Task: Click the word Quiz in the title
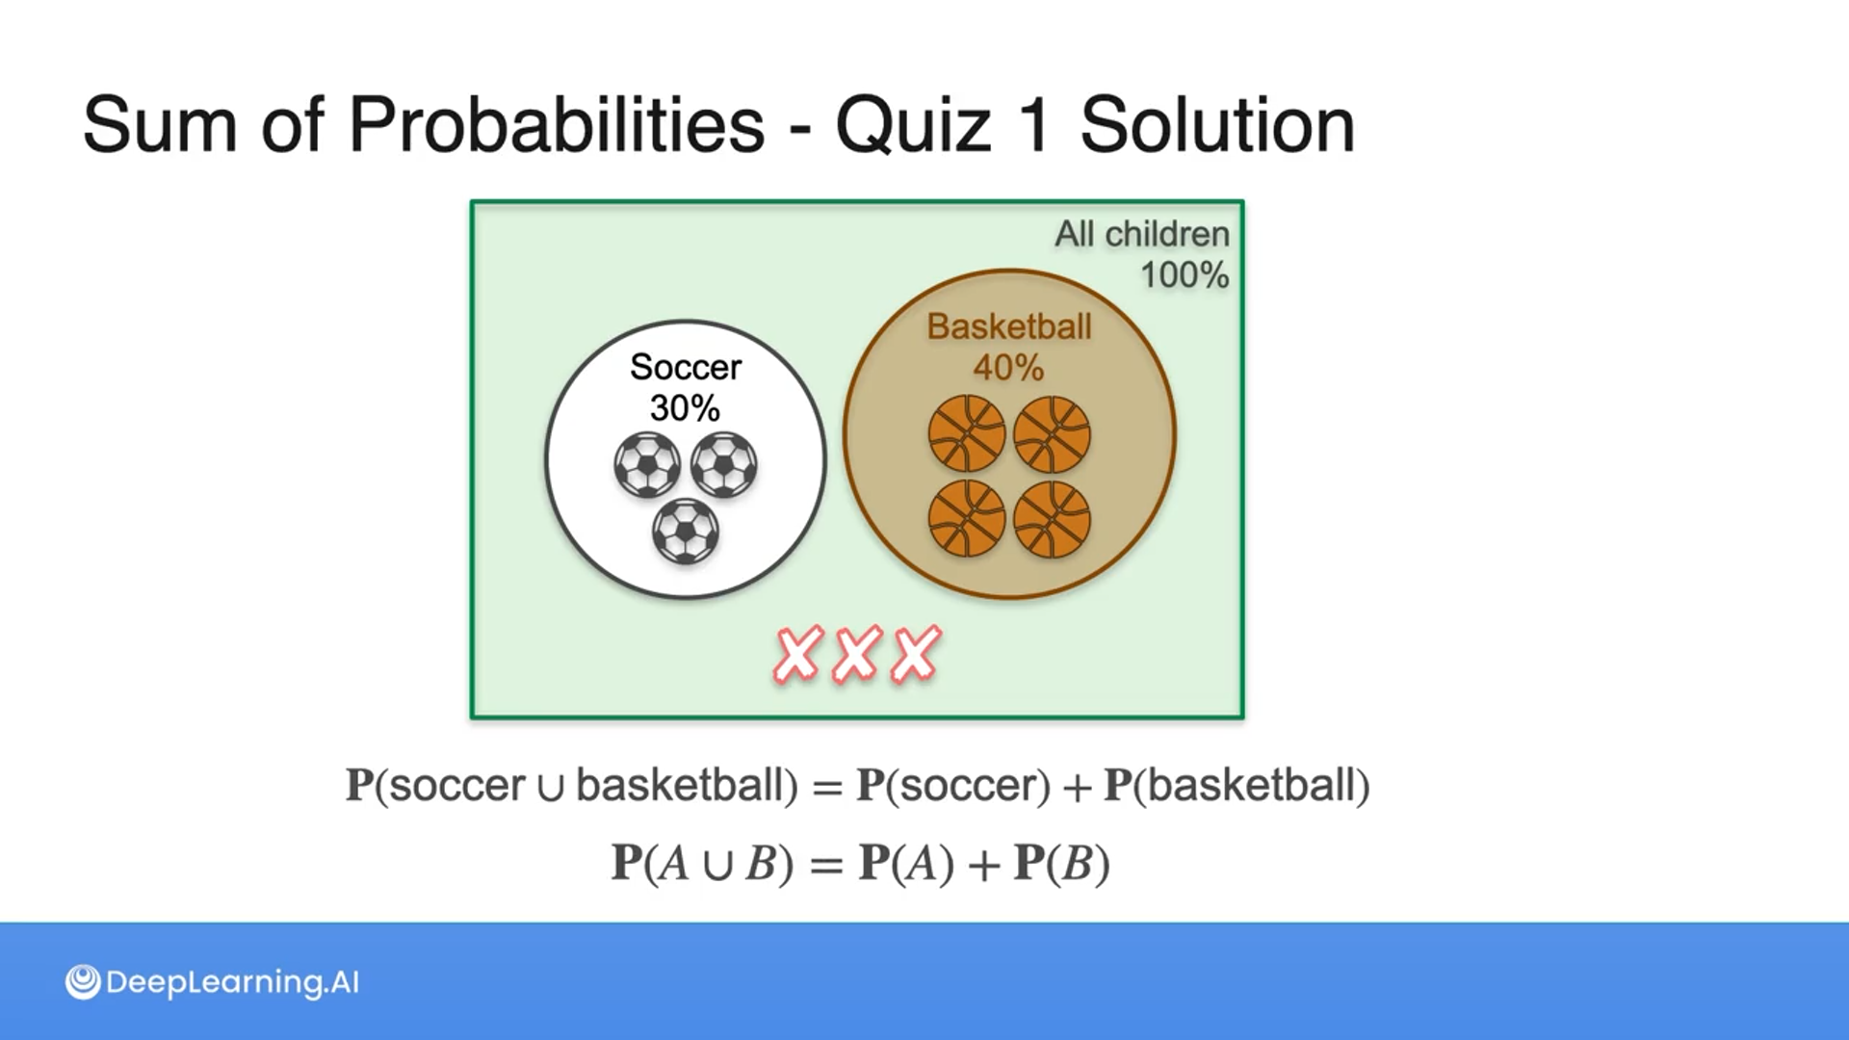tap(913, 125)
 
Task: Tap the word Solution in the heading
tap(1217, 125)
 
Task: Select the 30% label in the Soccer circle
tap(685, 408)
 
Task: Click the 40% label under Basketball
tap(1008, 367)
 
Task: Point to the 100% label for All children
tap(1185, 275)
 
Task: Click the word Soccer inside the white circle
tap(686, 367)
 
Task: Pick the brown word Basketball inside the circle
tap(1009, 326)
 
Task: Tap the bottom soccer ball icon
tap(686, 532)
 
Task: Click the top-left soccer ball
tap(647, 465)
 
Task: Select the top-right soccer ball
tap(724, 465)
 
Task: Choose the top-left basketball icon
tap(967, 434)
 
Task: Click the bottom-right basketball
tap(1053, 520)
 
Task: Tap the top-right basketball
tap(1053, 434)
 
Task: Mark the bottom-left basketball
tap(967, 520)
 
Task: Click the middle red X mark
tap(856, 655)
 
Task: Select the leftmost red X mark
tap(798, 655)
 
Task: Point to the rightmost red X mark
tap(916, 655)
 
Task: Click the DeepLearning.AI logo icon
tap(83, 982)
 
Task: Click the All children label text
tap(1142, 234)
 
